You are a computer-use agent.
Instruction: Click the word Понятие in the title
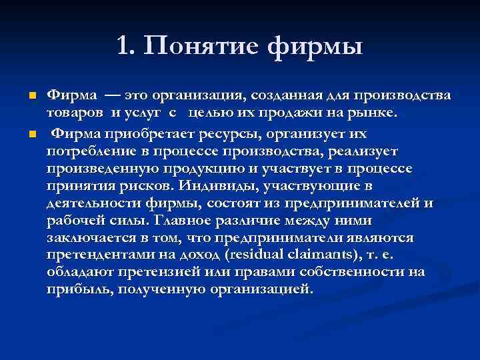pos(203,46)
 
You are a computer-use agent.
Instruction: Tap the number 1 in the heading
pos(123,46)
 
